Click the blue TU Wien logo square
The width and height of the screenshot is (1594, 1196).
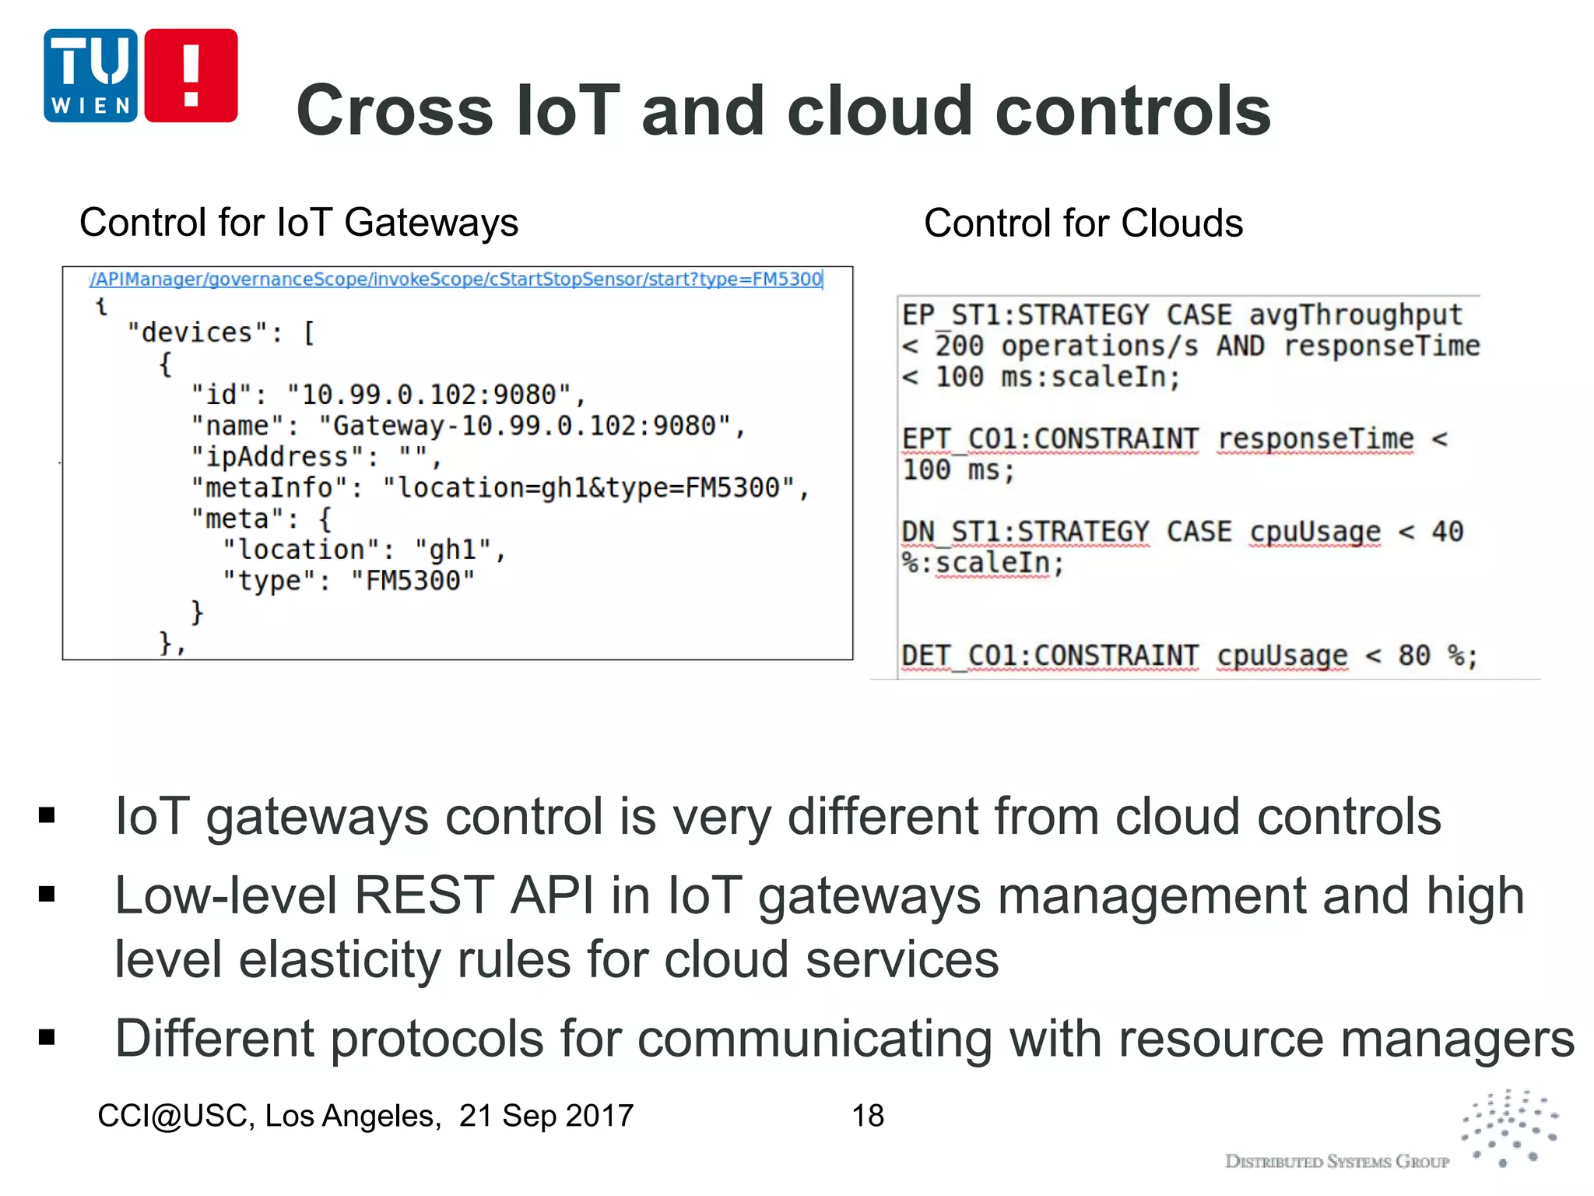(90, 76)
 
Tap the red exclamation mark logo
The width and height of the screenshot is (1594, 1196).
(191, 76)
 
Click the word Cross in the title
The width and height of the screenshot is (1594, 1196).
(394, 111)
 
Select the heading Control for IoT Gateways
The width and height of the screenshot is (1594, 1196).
(299, 223)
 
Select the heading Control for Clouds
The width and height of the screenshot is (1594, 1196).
(1083, 223)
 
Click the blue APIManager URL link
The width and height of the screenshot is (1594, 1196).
(455, 280)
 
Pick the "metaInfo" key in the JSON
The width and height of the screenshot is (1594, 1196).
(269, 488)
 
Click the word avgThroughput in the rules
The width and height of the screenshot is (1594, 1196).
(1355, 315)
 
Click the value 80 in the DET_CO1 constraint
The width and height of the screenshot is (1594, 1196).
(1413, 656)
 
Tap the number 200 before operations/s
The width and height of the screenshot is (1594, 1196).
(959, 346)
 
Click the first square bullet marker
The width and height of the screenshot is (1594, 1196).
(47, 815)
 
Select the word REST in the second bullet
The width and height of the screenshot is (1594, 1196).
(423, 895)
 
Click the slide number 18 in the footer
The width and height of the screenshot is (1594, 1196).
(868, 1116)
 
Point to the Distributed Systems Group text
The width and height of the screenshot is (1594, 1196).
(1336, 1162)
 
